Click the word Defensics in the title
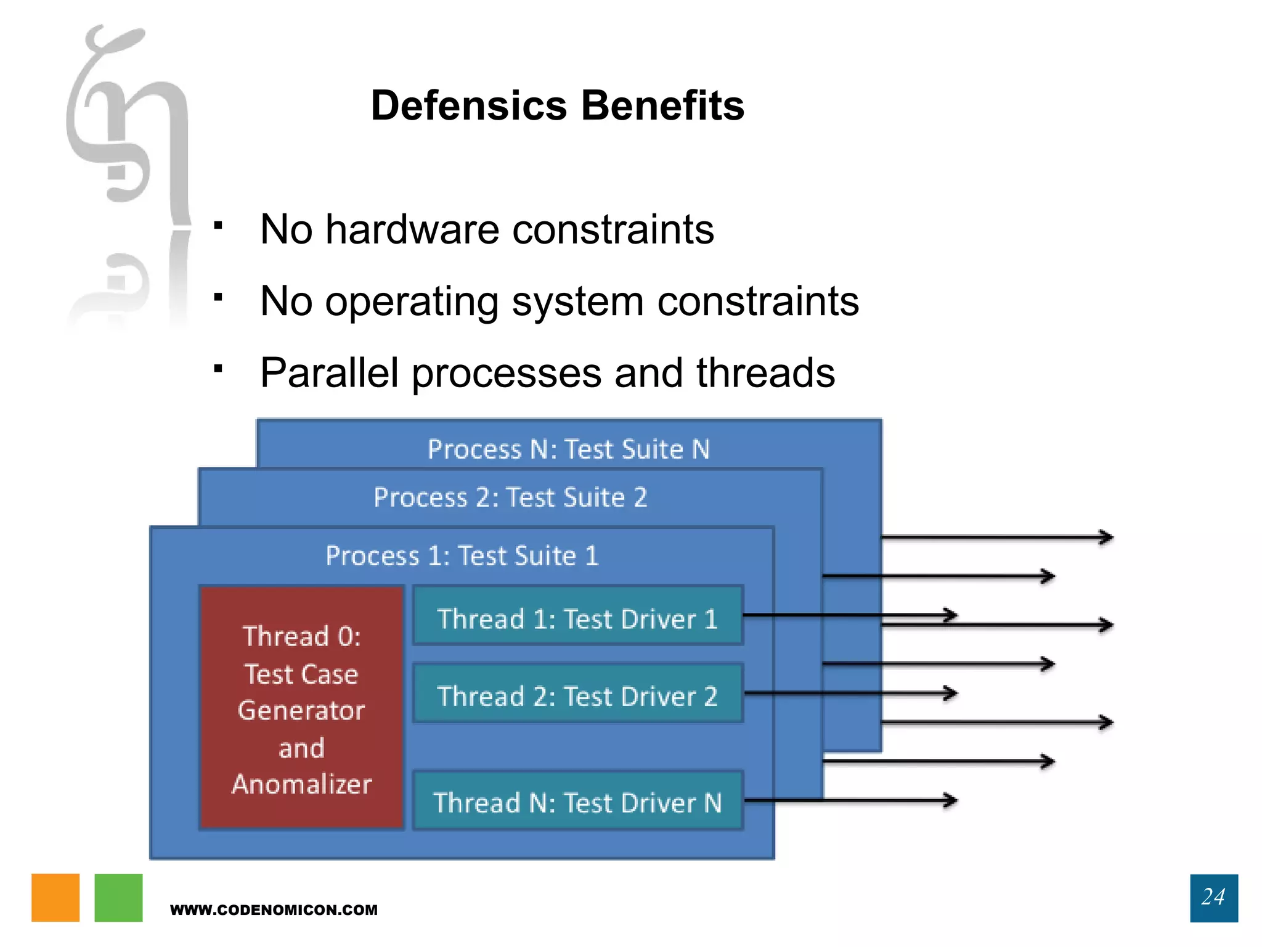pos(468,105)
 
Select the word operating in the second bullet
pos(412,302)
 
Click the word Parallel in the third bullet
pos(329,373)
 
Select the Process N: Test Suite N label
pos(568,449)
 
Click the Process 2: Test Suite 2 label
pos(510,498)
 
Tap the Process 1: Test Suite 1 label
pos(462,556)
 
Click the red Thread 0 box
pos(301,708)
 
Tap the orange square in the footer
pos(55,897)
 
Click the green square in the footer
pos(118,897)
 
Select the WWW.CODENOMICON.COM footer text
pos(274,910)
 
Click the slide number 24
pos(1213,897)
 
